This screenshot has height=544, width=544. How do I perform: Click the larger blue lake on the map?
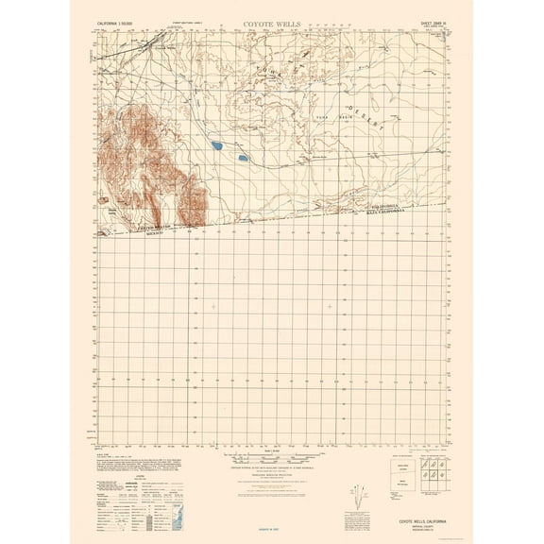(x=218, y=145)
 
